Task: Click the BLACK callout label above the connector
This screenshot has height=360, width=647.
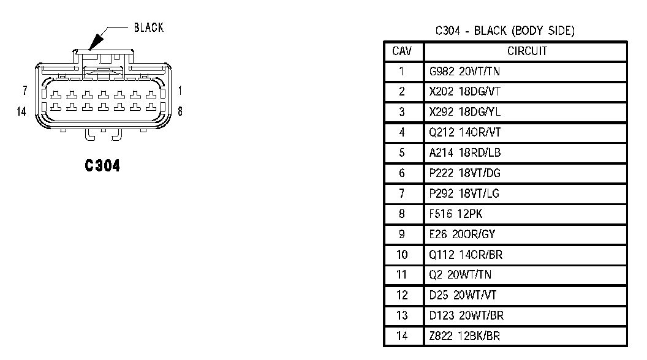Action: (148, 28)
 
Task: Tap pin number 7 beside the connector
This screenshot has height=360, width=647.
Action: (25, 91)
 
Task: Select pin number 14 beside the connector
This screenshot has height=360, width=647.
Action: (22, 111)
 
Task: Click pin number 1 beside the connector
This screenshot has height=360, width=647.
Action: (180, 91)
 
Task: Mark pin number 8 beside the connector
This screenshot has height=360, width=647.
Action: (180, 111)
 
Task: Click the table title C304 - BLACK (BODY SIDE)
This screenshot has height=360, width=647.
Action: (505, 31)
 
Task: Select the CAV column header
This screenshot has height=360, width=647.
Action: (402, 51)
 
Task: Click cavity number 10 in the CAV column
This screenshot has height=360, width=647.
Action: (402, 255)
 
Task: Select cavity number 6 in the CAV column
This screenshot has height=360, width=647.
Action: (402, 173)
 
